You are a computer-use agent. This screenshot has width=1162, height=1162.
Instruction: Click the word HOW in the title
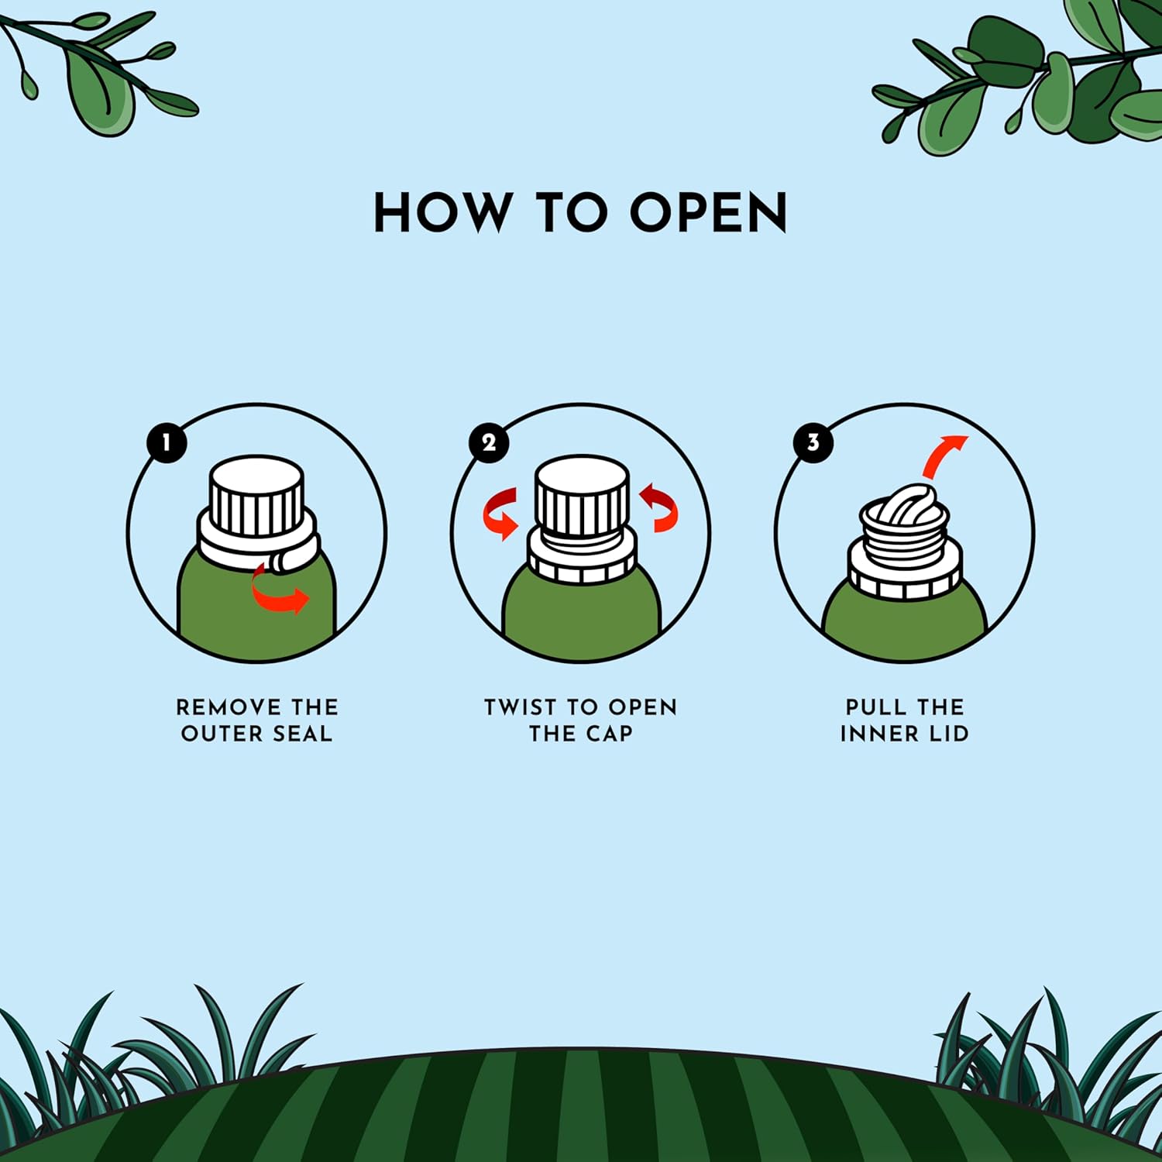pyautogui.click(x=442, y=212)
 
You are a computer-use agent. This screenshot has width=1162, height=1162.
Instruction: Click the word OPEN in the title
pyautogui.click(x=709, y=212)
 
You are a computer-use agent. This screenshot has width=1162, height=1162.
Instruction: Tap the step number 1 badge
pyautogui.click(x=167, y=443)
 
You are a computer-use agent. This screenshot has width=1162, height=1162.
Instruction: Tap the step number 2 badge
pyautogui.click(x=489, y=443)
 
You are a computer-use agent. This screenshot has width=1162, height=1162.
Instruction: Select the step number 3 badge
pyautogui.click(x=813, y=443)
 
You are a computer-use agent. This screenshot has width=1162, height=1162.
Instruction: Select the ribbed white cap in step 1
pyautogui.click(x=256, y=496)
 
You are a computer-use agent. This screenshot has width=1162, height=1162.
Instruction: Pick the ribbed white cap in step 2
pyautogui.click(x=582, y=497)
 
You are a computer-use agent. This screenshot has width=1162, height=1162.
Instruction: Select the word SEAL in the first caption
pyautogui.click(x=302, y=734)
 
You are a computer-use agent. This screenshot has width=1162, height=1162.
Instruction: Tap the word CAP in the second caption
pyautogui.click(x=609, y=734)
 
